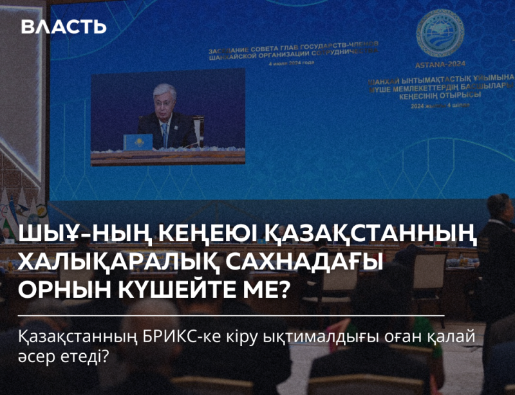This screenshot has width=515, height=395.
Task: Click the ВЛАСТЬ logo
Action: pos(63,27)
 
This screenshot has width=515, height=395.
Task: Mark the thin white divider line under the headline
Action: pos(232,316)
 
